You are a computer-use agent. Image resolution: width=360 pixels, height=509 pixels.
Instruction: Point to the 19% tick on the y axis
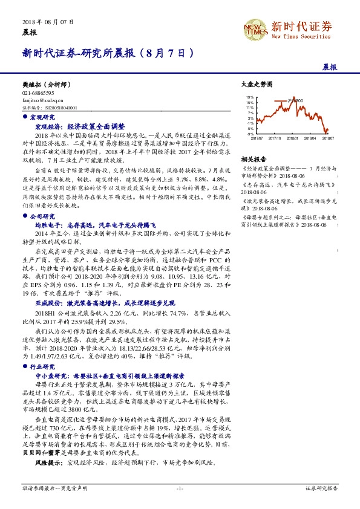[250, 97]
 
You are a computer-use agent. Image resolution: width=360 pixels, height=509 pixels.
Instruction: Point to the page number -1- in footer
[180, 487]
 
